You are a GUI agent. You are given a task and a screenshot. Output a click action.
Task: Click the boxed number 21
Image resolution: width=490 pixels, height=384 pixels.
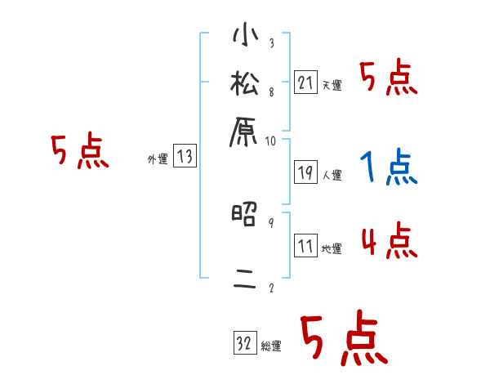(x=305, y=83)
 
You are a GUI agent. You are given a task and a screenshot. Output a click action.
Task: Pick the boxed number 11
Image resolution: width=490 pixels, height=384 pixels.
(x=305, y=246)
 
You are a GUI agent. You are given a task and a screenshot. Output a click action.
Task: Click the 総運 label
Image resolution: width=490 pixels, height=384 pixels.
(x=271, y=346)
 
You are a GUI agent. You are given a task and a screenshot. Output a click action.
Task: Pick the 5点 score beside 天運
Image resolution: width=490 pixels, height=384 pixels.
(x=389, y=78)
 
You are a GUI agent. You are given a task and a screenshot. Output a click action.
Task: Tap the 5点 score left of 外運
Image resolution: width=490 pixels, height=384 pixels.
(x=79, y=153)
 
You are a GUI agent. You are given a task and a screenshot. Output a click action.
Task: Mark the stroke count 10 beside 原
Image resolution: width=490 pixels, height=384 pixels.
(x=272, y=141)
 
